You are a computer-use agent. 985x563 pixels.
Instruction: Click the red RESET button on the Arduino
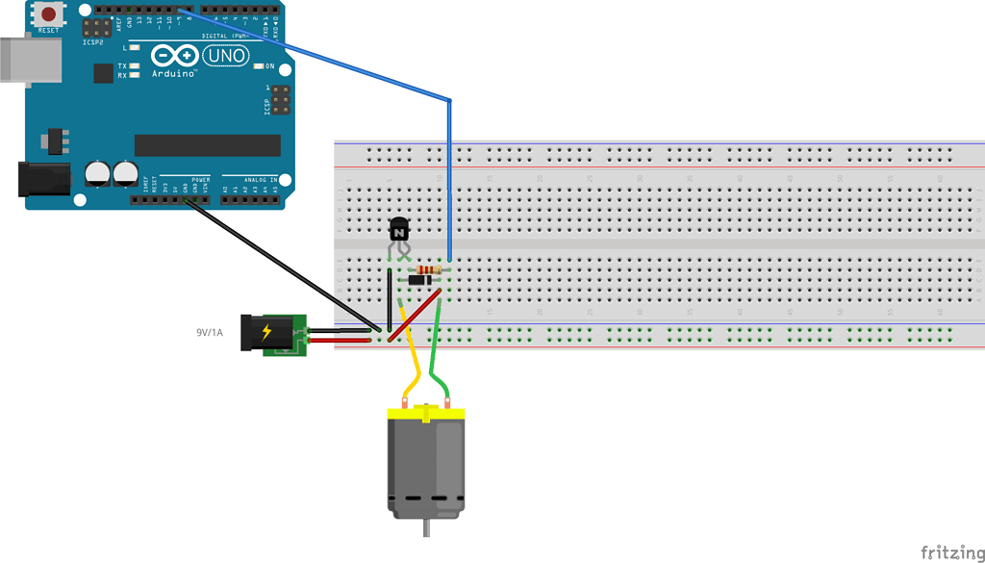[47, 13]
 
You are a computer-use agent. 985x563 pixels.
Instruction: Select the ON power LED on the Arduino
[258, 66]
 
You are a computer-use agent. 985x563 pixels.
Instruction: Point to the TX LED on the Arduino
[134, 66]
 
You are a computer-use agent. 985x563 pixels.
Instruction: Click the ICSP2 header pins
[95, 28]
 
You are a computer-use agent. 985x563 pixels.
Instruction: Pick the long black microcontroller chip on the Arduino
[208, 145]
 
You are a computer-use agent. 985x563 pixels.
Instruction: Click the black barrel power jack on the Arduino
[44, 180]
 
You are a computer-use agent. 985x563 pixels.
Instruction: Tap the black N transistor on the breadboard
[398, 230]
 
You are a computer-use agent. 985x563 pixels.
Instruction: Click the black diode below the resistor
[420, 280]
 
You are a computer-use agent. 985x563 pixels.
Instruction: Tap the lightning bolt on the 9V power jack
[266, 333]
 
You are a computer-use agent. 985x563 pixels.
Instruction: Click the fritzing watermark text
[950, 551]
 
